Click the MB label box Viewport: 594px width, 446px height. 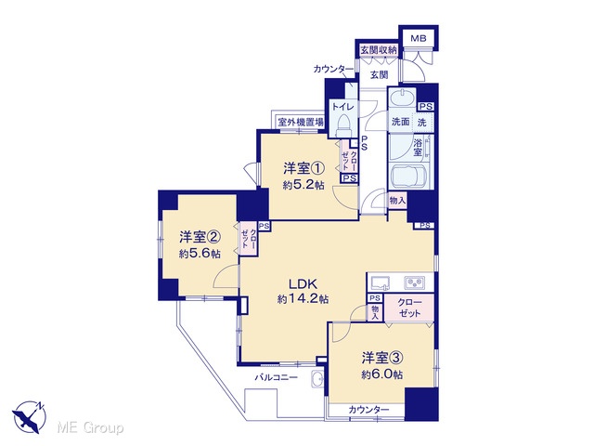pyautogui.click(x=419, y=38)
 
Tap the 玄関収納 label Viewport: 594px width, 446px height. pyautogui.click(x=378, y=49)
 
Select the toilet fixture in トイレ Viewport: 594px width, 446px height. pyautogui.click(x=344, y=125)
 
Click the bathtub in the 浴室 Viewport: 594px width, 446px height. pyautogui.click(x=408, y=176)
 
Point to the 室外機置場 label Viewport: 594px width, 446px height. pyautogui.click(x=301, y=122)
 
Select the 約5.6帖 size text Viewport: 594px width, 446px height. pyautogui.click(x=200, y=254)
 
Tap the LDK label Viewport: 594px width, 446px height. pyautogui.click(x=303, y=283)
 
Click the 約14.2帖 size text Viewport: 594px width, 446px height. pyautogui.click(x=303, y=299)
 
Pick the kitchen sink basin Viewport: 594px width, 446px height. pyautogui.click(x=380, y=282)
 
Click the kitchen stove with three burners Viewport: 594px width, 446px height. pyautogui.click(x=414, y=282)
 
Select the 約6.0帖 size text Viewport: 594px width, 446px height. pyautogui.click(x=381, y=374)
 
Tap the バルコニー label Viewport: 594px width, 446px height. pyautogui.click(x=276, y=377)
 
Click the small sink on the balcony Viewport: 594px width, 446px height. pyautogui.click(x=317, y=378)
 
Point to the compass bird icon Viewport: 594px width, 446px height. pyautogui.click(x=29, y=417)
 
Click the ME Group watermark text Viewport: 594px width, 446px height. pyautogui.click(x=90, y=428)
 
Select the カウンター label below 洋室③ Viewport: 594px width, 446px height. pyautogui.click(x=368, y=410)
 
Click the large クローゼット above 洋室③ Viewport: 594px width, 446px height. pyautogui.click(x=409, y=308)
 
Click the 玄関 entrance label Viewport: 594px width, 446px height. pyautogui.click(x=379, y=74)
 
